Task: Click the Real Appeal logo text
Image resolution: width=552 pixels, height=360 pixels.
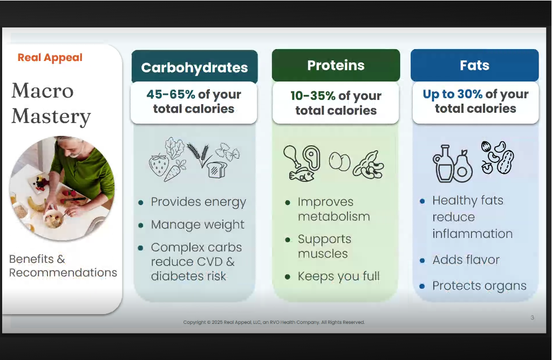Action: pyautogui.click(x=50, y=57)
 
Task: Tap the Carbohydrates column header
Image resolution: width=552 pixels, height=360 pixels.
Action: pyautogui.click(x=195, y=67)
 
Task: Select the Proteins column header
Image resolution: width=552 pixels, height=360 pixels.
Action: pyautogui.click(x=336, y=65)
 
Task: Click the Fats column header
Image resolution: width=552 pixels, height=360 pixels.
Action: pyautogui.click(x=474, y=65)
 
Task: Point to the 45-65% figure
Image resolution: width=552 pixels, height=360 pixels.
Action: pyautogui.click(x=171, y=94)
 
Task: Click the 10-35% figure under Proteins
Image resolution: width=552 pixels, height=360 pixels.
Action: pyautogui.click(x=312, y=96)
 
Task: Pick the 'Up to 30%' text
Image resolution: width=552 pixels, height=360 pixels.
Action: pyautogui.click(x=452, y=94)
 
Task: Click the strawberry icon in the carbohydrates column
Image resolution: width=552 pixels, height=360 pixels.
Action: pyautogui.click(x=159, y=165)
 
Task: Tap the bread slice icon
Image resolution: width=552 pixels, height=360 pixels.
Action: pyautogui.click(x=216, y=169)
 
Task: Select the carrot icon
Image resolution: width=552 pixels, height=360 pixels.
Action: pyautogui.click(x=174, y=171)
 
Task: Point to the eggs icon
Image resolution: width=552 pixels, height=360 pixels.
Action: pyautogui.click(x=340, y=162)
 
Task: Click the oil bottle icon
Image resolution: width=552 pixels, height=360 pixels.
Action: pyautogui.click(x=443, y=164)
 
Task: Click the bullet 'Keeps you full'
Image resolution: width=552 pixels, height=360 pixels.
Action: pyautogui.click(x=339, y=276)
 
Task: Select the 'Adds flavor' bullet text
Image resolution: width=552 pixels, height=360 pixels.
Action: pyautogui.click(x=466, y=260)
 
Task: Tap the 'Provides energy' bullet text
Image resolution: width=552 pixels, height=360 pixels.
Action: pyautogui.click(x=199, y=202)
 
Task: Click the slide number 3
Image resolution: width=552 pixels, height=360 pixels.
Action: pyautogui.click(x=532, y=318)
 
